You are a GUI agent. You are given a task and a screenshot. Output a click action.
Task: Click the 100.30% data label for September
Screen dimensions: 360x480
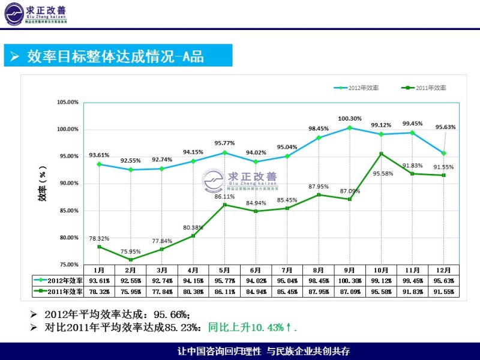[350, 118]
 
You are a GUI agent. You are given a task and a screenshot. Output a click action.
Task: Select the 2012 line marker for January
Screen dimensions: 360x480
[99, 164]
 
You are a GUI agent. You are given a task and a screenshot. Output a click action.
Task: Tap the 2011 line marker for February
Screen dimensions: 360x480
[130, 259]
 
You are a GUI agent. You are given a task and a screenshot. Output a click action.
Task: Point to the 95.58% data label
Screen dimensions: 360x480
[383, 173]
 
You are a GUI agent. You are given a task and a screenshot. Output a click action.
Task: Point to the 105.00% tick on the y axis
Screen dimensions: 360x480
[68, 102]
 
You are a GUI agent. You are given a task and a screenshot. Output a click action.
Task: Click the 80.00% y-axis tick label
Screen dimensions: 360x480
[68, 238]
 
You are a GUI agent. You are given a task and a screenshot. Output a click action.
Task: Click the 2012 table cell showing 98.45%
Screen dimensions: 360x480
[319, 281]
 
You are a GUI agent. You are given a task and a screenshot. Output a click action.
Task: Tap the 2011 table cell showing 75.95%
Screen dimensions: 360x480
[130, 292]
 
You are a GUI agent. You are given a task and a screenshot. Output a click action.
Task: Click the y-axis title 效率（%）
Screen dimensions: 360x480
[43, 182]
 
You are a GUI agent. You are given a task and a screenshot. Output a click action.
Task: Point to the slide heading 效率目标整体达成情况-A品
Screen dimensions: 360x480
[115, 57]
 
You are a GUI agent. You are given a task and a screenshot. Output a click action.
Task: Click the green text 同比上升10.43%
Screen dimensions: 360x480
[248, 328]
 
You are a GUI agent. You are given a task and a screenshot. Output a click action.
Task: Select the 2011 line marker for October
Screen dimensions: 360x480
[381, 154]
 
